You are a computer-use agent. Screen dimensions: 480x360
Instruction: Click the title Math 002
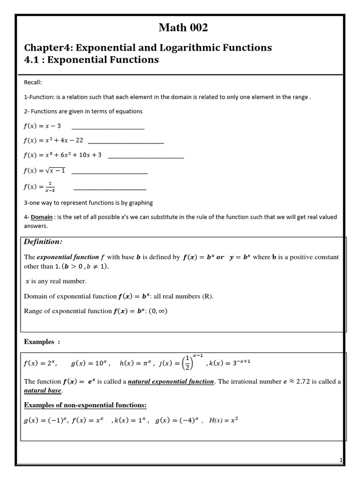pyautogui.click(x=183, y=28)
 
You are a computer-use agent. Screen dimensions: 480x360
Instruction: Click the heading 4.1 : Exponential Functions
pyautogui.click(x=91, y=60)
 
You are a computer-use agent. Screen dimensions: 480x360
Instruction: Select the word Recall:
pyautogui.click(x=33, y=82)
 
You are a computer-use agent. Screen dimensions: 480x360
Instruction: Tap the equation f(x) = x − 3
pyautogui.click(x=42, y=126)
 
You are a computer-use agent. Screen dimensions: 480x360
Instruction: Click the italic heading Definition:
pyautogui.click(x=43, y=242)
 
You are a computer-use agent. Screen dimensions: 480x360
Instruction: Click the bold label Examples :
pyautogui.click(x=42, y=342)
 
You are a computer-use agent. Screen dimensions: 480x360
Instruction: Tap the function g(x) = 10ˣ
pyautogui.click(x=91, y=363)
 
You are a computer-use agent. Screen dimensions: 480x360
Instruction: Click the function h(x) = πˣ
pyautogui.click(x=136, y=363)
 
